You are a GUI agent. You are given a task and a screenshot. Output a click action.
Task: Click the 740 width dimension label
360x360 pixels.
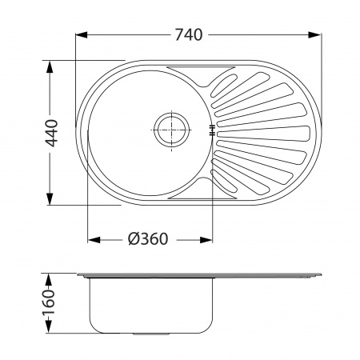coord(189,35)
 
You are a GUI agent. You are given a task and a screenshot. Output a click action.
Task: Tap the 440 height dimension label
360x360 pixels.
coord(51,134)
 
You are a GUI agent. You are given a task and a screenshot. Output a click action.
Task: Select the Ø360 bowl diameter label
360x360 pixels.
coord(148,239)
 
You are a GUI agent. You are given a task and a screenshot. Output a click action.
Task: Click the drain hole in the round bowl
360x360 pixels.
coord(171,130)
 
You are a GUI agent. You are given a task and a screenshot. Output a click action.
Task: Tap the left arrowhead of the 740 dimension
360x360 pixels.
coord(82,35)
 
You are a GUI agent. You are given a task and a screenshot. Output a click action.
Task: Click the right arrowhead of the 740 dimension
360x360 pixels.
coord(314,35)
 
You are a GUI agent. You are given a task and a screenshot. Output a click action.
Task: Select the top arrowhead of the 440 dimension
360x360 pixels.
coord(50,67)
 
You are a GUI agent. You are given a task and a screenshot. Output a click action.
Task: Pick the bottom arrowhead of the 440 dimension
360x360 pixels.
coord(50,199)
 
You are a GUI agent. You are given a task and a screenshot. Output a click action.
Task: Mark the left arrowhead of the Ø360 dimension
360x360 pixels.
coord(94,240)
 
